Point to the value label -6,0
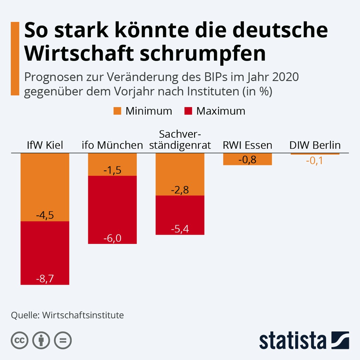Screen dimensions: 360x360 [x=112, y=239]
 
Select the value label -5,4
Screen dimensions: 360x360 [x=180, y=229]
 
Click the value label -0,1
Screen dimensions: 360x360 [x=315, y=161]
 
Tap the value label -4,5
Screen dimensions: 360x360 [x=45, y=215]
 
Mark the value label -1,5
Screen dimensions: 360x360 [x=112, y=170]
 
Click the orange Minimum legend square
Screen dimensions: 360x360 [x=117, y=111]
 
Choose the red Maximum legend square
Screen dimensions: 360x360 [x=188, y=111]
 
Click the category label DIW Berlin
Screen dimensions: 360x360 [x=315, y=145]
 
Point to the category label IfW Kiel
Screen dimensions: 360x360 [x=45, y=145]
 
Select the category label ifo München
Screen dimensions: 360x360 [x=112, y=145]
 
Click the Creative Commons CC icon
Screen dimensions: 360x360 [x=19, y=340]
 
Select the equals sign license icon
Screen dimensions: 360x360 [x=63, y=340]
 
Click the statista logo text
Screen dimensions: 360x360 [x=293, y=341]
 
